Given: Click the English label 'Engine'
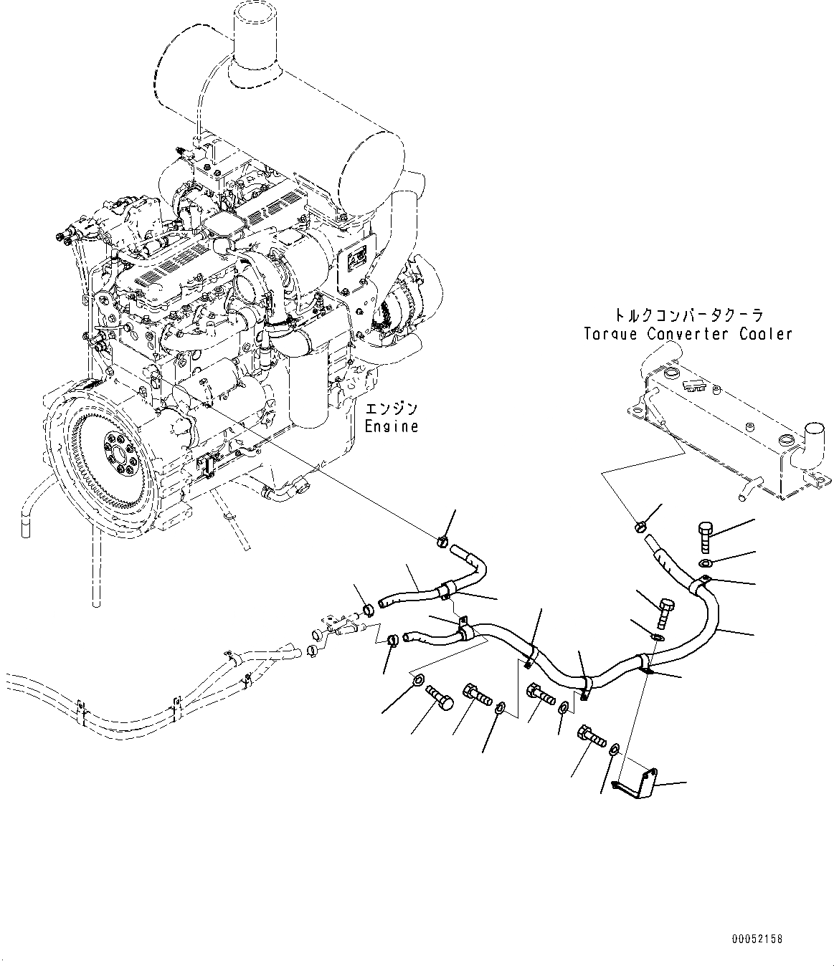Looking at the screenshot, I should pyautogui.click(x=391, y=426).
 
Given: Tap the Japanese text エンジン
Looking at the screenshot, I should pyautogui.click(x=391, y=410).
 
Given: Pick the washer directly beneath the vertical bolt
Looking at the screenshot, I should pyautogui.click(x=706, y=563).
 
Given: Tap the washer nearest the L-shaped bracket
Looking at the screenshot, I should pyautogui.click(x=615, y=750).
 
